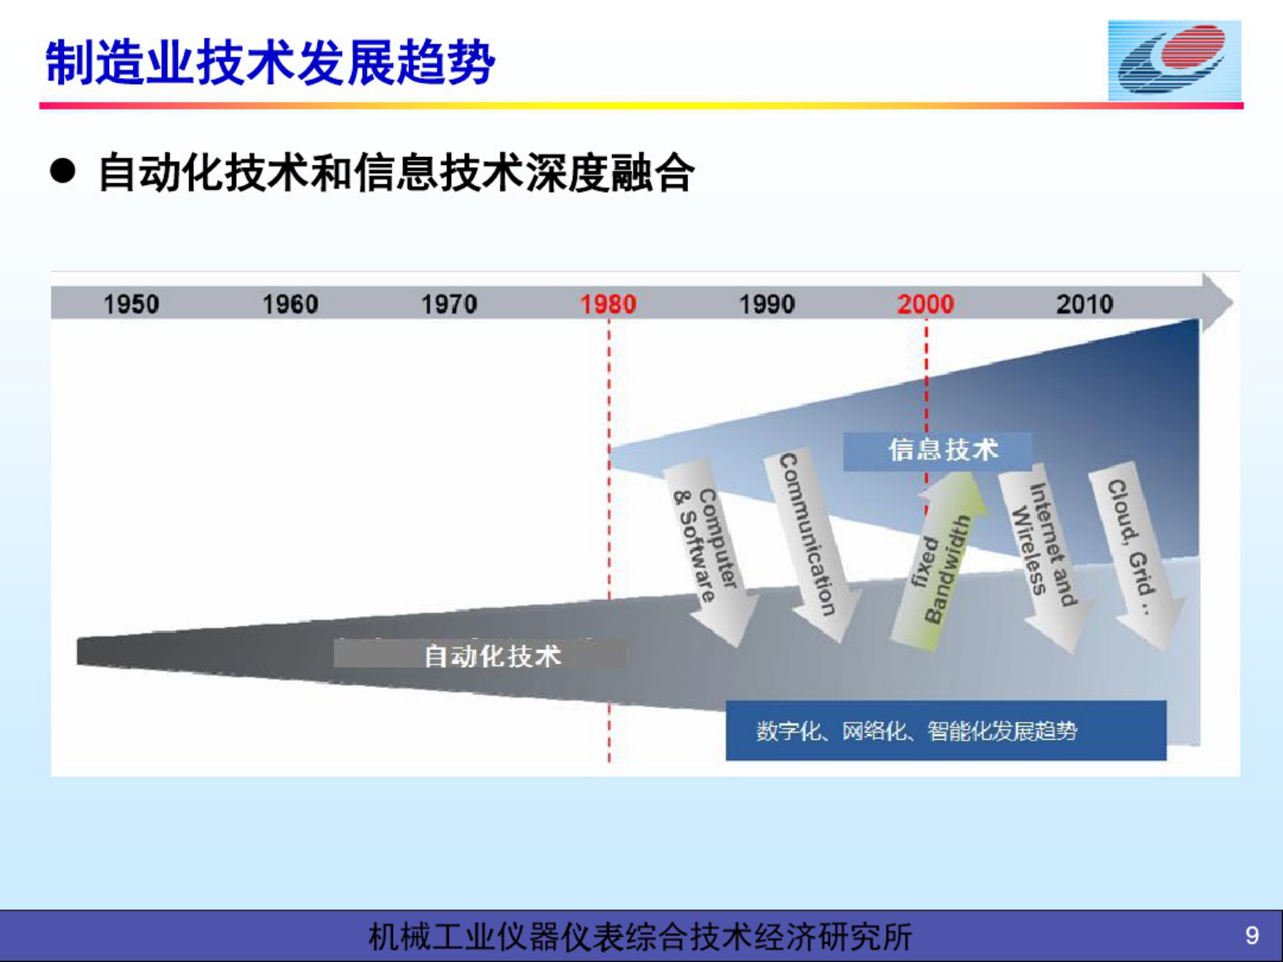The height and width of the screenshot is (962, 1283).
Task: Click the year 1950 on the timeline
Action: pyautogui.click(x=131, y=305)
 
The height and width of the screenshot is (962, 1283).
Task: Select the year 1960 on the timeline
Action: pyautogui.click(x=290, y=305)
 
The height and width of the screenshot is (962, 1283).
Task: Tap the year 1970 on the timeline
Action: pyautogui.click(x=449, y=305)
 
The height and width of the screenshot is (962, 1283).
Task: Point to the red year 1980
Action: pyautogui.click(x=608, y=305)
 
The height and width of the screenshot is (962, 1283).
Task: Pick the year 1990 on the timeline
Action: pyautogui.click(x=767, y=305)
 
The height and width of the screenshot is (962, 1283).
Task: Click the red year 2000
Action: pyautogui.click(x=926, y=305)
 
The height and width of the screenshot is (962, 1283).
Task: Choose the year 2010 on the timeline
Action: pyautogui.click(x=1085, y=305)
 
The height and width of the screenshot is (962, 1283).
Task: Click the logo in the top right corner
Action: pyautogui.click(x=1175, y=60)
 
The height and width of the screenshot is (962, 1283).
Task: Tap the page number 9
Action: pyautogui.click(x=1251, y=935)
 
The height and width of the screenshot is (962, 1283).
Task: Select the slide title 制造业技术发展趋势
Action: pyautogui.click(x=270, y=62)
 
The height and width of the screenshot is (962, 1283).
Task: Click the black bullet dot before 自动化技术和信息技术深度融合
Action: pyautogui.click(x=62, y=171)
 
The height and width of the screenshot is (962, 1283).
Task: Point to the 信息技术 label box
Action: pyautogui.click(x=938, y=450)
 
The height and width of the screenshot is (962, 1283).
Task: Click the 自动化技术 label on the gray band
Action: pyautogui.click(x=492, y=656)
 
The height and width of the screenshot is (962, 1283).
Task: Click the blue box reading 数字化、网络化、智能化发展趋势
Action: pyautogui.click(x=946, y=731)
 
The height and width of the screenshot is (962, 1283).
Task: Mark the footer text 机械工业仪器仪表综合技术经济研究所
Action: pyautogui.click(x=640, y=936)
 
